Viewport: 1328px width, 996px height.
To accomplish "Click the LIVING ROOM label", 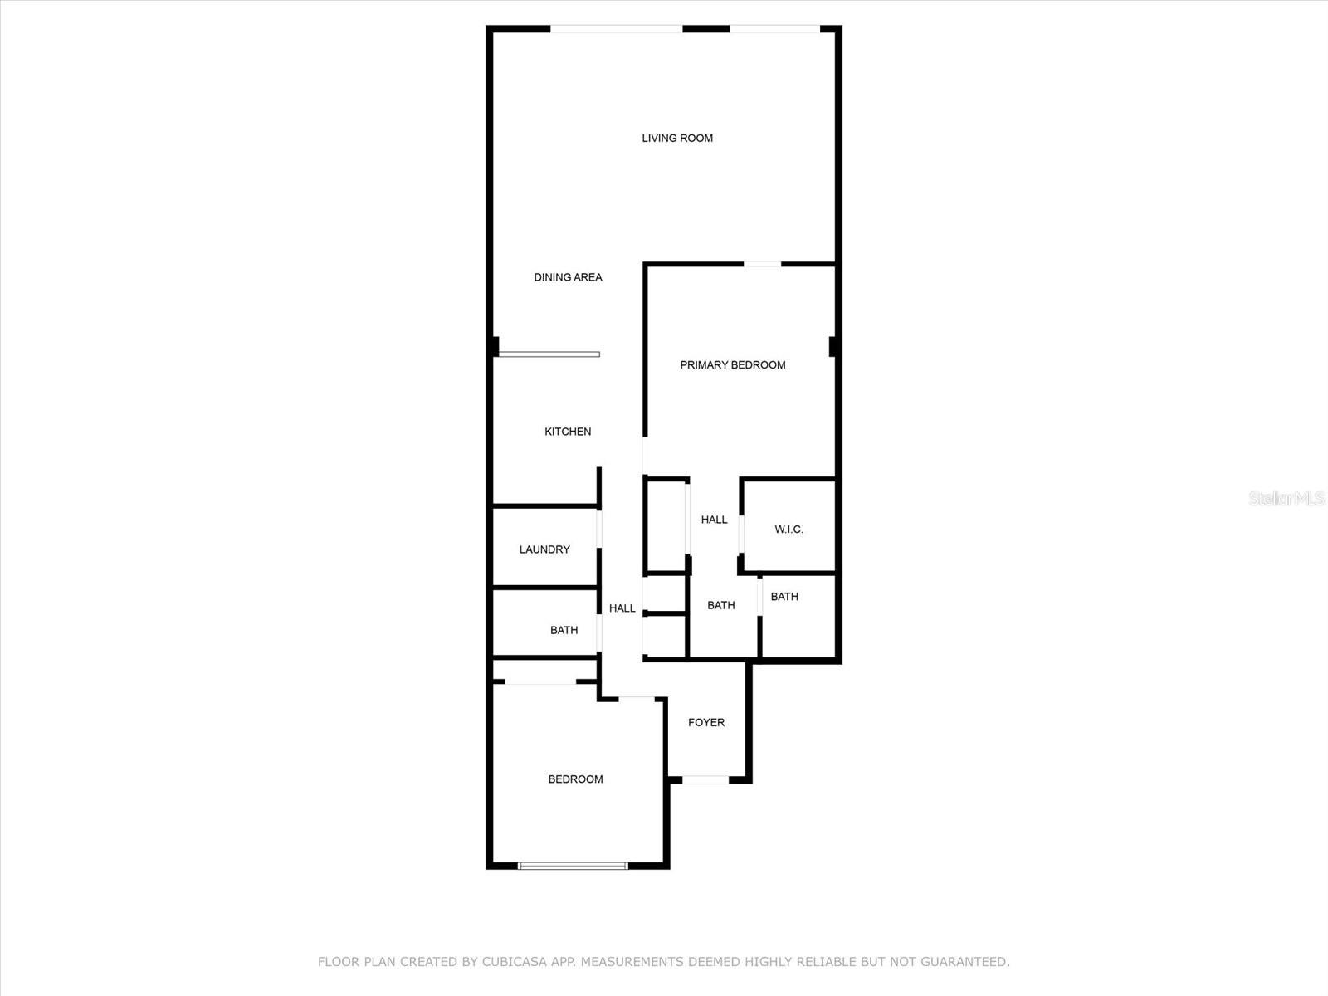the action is click(677, 139).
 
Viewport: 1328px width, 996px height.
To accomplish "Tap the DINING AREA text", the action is click(568, 277).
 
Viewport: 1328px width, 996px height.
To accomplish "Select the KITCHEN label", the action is click(568, 432).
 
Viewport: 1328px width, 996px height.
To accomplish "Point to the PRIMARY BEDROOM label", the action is click(733, 365).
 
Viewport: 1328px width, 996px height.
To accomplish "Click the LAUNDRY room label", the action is click(544, 549).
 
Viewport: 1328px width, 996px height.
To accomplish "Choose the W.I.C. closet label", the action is click(789, 530).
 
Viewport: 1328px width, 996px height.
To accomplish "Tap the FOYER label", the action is click(706, 723).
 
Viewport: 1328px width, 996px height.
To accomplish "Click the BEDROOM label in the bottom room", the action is click(575, 779).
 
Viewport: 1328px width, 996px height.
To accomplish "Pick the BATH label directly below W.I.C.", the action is click(784, 597).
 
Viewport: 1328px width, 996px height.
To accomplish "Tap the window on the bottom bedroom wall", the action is click(573, 866).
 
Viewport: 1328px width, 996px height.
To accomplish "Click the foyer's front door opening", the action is click(705, 780).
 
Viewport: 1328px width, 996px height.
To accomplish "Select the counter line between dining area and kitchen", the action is click(549, 354).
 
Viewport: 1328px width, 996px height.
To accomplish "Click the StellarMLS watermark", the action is click(1286, 499).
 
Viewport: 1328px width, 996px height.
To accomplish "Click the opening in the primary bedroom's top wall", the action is click(762, 264).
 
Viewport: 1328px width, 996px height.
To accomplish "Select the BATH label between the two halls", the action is click(720, 605).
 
